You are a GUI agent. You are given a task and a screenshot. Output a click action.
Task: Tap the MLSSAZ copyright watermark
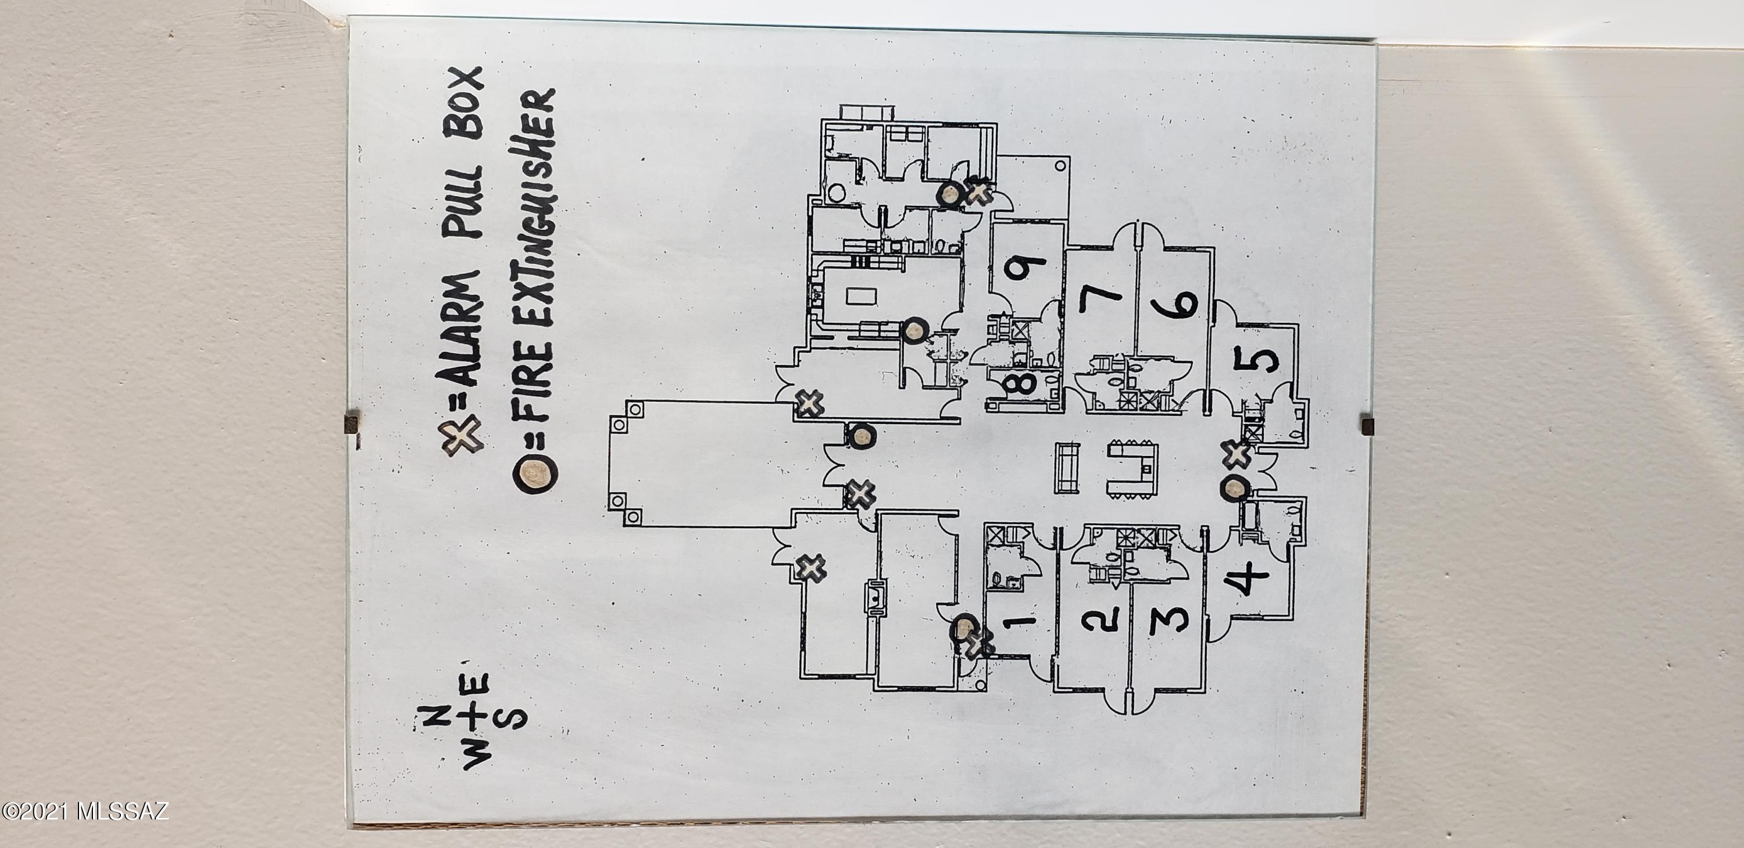pos(85,810)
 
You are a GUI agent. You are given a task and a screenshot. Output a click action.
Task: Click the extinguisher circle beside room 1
pos(489,629)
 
